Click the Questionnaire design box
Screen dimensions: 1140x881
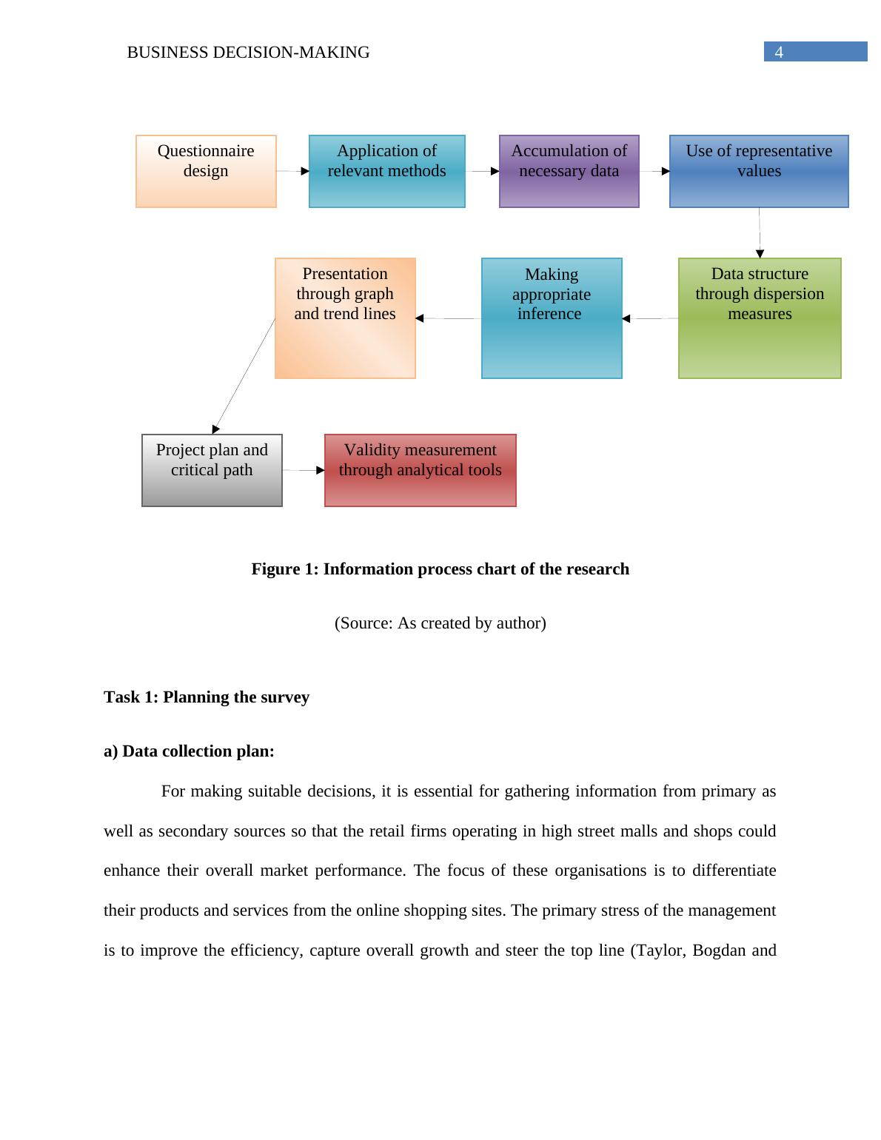[x=206, y=171]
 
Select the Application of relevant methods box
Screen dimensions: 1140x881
[x=386, y=171]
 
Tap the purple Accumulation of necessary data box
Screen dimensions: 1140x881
[x=569, y=171]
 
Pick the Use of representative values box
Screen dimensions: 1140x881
[x=759, y=171]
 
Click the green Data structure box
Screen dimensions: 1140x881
[x=760, y=318]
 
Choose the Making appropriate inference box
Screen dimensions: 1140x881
[x=552, y=318]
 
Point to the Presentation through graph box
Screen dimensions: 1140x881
[x=345, y=318]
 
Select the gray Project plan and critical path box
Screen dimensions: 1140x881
[x=212, y=470]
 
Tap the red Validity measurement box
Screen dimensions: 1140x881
[x=420, y=470]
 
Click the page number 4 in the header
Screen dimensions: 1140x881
[x=779, y=52]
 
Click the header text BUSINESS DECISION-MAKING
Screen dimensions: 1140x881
[x=248, y=53]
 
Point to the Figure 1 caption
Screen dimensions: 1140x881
[x=440, y=569]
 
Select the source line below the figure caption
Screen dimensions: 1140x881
[x=440, y=623]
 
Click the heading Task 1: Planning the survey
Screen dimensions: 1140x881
[x=207, y=697]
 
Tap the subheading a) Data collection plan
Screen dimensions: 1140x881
[x=189, y=751]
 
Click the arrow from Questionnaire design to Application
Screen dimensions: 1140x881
[x=292, y=171]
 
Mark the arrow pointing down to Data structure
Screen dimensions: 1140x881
[x=760, y=233]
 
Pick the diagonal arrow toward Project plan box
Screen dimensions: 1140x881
[x=244, y=374]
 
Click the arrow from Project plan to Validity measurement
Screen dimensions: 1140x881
[x=304, y=470]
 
